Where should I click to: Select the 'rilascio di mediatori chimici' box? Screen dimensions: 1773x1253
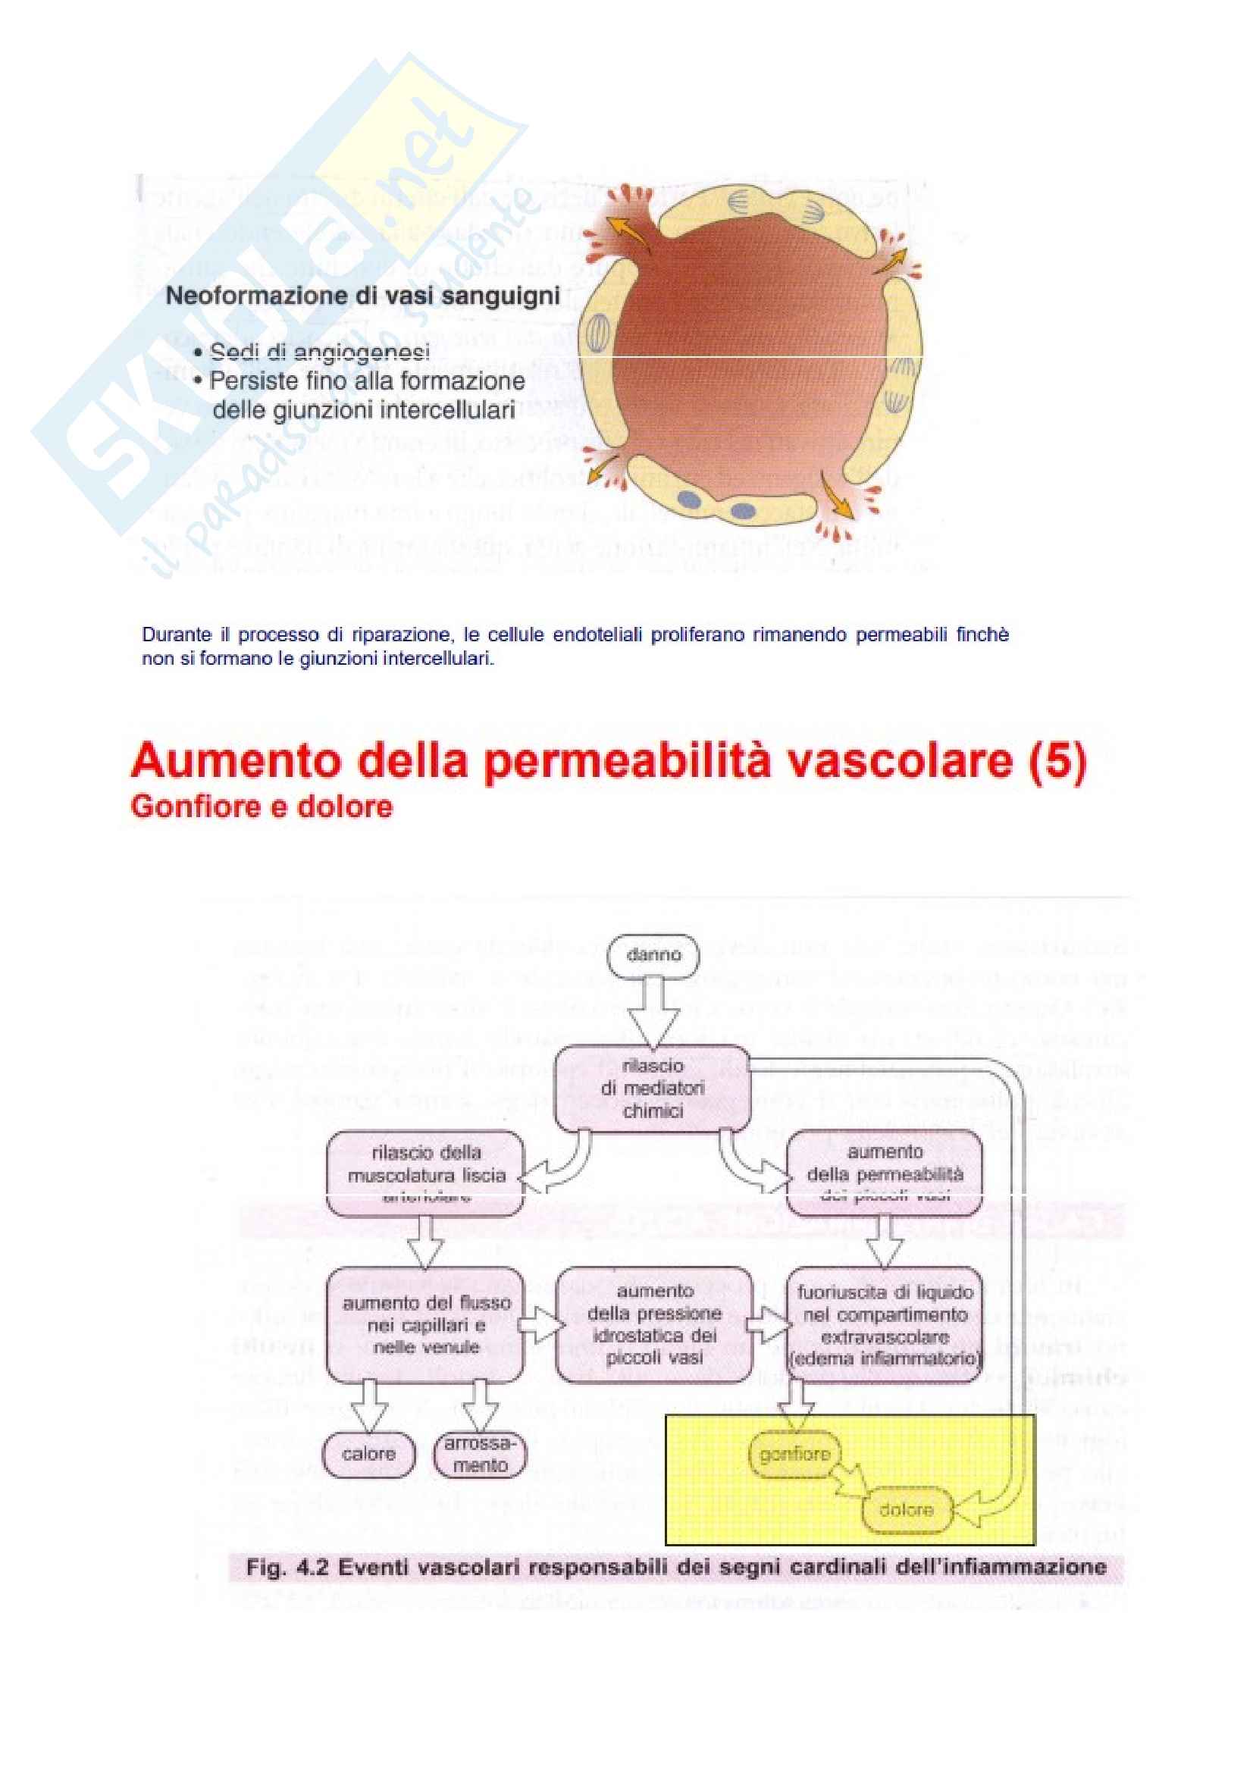point(653,1088)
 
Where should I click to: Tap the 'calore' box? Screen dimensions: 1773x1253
point(368,1454)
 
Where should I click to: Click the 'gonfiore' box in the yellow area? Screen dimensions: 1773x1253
point(794,1455)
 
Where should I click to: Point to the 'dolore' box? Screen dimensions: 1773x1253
point(906,1510)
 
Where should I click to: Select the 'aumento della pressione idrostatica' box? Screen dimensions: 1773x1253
point(653,1324)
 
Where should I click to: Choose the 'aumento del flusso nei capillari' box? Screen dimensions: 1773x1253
point(425,1325)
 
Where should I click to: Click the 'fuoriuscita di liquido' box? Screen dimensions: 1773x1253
point(885,1325)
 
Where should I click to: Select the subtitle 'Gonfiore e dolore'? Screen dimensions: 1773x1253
point(262,807)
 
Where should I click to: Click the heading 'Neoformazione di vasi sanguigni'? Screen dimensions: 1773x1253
point(363,296)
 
